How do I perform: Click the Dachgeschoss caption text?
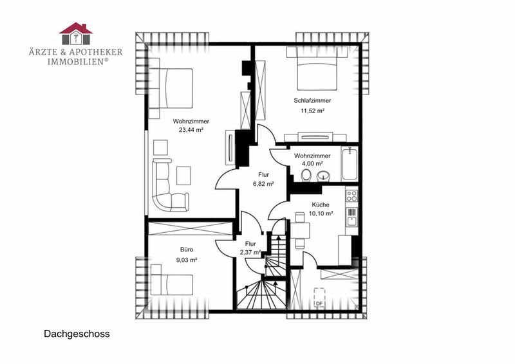pyautogui.click(x=77, y=334)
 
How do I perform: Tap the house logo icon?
pyautogui.click(x=76, y=33)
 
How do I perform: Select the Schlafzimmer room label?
pyautogui.click(x=312, y=100)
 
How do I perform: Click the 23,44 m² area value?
pyautogui.click(x=191, y=130)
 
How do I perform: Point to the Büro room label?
pyautogui.click(x=187, y=250)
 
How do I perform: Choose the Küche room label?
pyautogui.click(x=321, y=205)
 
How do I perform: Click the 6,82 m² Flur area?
pyautogui.click(x=263, y=184)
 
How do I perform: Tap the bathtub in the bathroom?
pyautogui.click(x=350, y=164)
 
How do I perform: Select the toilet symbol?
pyautogui.click(x=306, y=176)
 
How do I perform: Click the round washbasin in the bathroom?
pyautogui.click(x=324, y=176)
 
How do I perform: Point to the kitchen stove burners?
pyautogui.click(x=351, y=196)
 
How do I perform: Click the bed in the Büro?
pyautogui.click(x=171, y=280)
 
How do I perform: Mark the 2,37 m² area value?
pyautogui.click(x=250, y=253)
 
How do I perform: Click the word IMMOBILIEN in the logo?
pyautogui.click(x=76, y=62)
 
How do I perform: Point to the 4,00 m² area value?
pyautogui.click(x=312, y=163)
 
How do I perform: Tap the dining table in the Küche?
pyautogui.click(x=300, y=231)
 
